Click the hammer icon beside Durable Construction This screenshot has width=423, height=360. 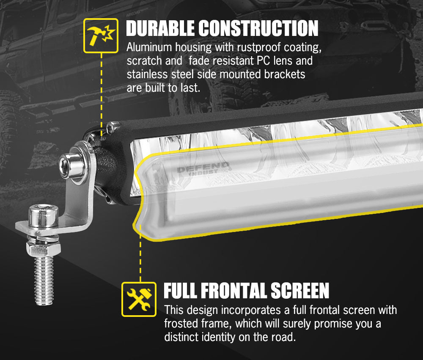click(x=101, y=35)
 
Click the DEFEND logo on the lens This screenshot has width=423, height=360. click(x=203, y=168)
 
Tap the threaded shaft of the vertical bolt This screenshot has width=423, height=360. click(x=44, y=278)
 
